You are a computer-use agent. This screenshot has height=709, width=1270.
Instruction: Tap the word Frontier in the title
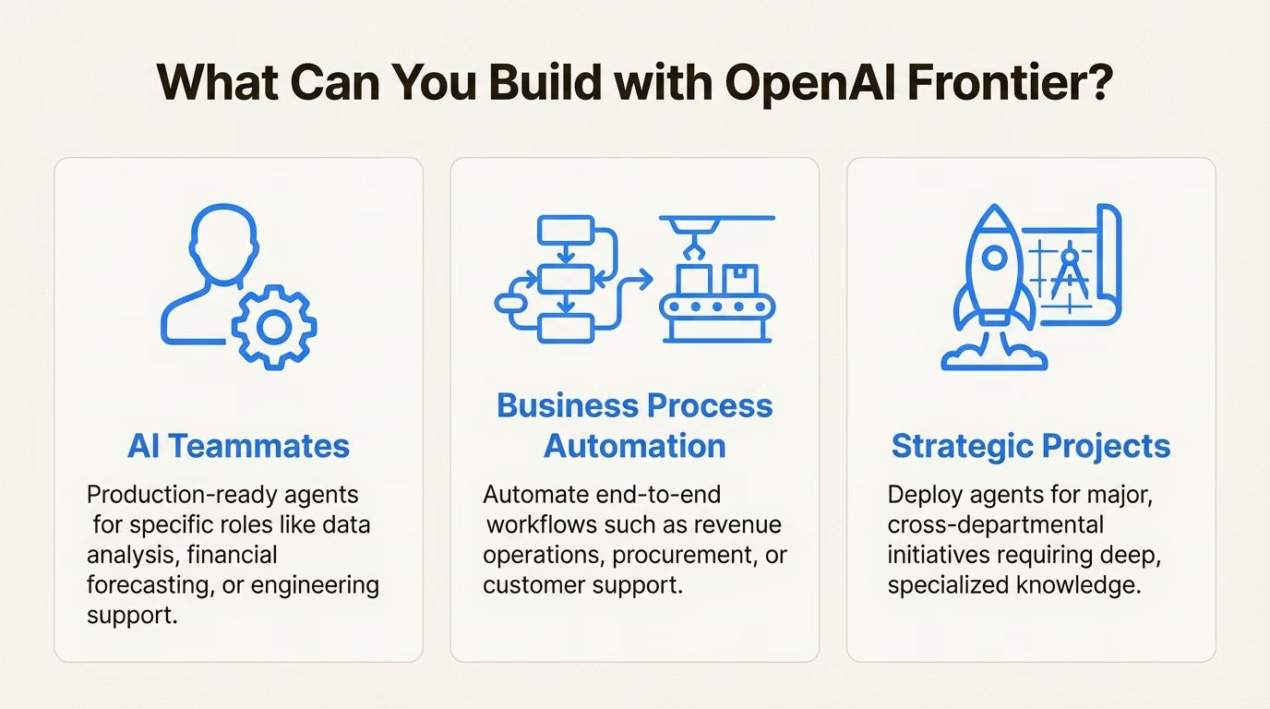tap(1011, 84)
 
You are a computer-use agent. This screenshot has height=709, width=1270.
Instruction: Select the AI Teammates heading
tap(238, 446)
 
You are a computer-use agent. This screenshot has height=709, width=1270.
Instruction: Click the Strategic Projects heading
tap(1031, 446)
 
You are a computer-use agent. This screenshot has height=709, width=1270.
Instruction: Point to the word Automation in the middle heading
tap(635, 446)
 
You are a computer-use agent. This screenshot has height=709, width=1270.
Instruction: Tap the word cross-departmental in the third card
tap(995, 525)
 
